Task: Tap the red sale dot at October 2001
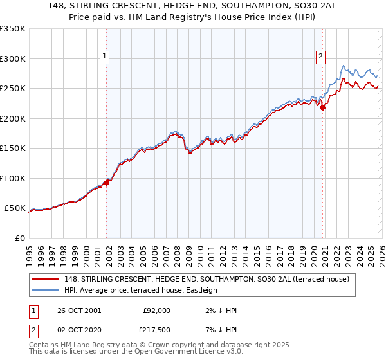pyautogui.click(x=107, y=183)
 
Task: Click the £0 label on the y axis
pyautogui.click(x=20, y=239)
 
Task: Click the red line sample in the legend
pyautogui.click(x=46, y=279)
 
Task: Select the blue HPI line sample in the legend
pyautogui.click(x=46, y=290)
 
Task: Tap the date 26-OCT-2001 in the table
pyautogui.click(x=79, y=310)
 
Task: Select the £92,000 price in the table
pyautogui.click(x=156, y=310)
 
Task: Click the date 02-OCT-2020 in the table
pyautogui.click(x=79, y=330)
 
